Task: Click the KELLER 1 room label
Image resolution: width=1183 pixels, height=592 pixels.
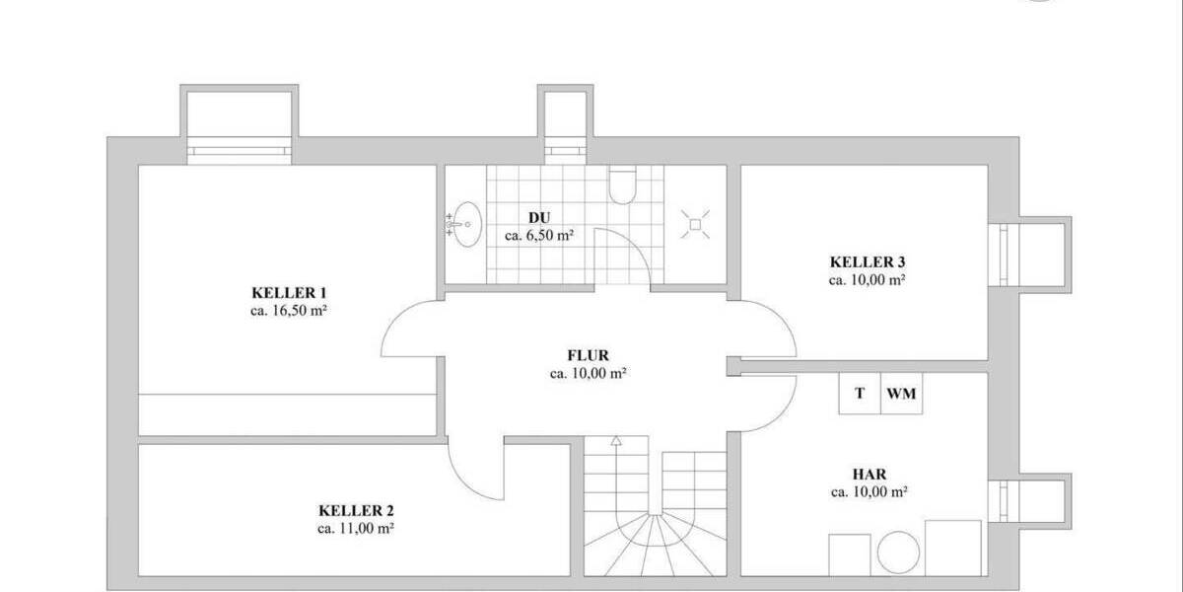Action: click(x=289, y=293)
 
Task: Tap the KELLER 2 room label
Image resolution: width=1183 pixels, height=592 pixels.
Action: click(x=356, y=511)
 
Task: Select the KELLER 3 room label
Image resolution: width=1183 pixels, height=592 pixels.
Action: click(x=868, y=262)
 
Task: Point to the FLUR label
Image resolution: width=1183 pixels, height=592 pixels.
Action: click(x=589, y=355)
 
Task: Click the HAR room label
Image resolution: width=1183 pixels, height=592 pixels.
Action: click(x=869, y=474)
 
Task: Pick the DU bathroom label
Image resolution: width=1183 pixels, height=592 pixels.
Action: click(x=538, y=217)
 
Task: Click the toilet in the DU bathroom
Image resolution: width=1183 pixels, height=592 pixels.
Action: click(x=623, y=185)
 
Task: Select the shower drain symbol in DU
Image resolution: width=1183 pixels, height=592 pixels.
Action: click(x=695, y=225)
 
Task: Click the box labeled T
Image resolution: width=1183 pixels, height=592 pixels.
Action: click(x=860, y=394)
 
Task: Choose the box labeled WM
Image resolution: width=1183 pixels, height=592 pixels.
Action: click(x=902, y=394)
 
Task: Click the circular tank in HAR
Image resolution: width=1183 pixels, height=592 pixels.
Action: click(x=898, y=554)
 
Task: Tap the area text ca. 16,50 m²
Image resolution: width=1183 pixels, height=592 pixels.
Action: click(x=289, y=310)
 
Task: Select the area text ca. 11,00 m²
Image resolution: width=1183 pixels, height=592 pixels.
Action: click(x=356, y=529)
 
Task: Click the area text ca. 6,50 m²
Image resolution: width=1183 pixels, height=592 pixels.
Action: click(x=539, y=235)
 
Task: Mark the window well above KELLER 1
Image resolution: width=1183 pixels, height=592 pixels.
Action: click(x=240, y=119)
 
